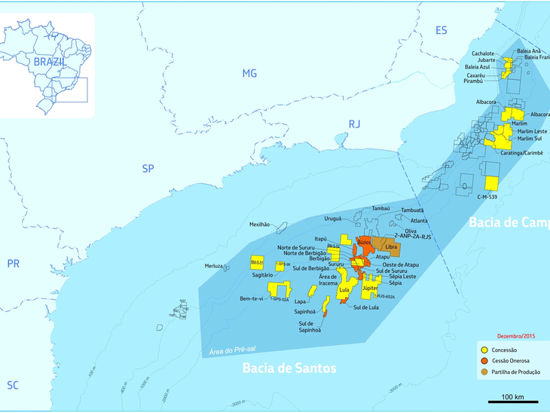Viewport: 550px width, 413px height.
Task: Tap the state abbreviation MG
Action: point(249,73)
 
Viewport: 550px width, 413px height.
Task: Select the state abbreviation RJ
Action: point(355,124)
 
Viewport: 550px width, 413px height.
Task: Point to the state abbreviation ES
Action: point(442,30)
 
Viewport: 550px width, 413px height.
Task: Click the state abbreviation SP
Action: point(148,168)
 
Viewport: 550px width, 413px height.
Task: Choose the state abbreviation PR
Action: point(13,263)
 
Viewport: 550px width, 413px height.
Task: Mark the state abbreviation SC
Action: point(13,384)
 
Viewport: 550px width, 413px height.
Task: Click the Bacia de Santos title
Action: point(289,368)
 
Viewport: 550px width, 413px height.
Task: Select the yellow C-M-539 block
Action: point(492,183)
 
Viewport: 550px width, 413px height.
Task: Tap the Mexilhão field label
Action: point(259,225)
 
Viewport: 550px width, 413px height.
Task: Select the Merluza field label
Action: point(215,266)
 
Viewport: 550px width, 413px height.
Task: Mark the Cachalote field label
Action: point(483,54)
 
